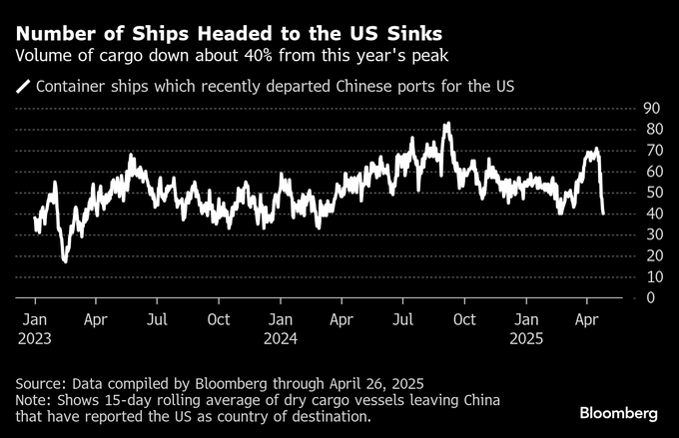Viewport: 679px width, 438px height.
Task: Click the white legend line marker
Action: (x=22, y=87)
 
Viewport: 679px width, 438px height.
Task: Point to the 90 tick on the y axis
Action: (x=653, y=108)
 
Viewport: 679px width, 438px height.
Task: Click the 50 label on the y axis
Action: (x=653, y=192)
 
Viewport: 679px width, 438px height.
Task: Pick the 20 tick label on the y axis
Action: (x=653, y=255)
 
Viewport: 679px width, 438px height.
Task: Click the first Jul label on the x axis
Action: (x=157, y=319)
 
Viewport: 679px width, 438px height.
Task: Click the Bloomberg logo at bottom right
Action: (x=619, y=412)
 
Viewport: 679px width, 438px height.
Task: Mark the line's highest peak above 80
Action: (x=447, y=124)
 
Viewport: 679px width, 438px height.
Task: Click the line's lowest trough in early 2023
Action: (x=65, y=260)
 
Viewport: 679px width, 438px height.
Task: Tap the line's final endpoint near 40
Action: (x=603, y=213)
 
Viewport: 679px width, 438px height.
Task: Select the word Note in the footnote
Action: (x=33, y=400)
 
